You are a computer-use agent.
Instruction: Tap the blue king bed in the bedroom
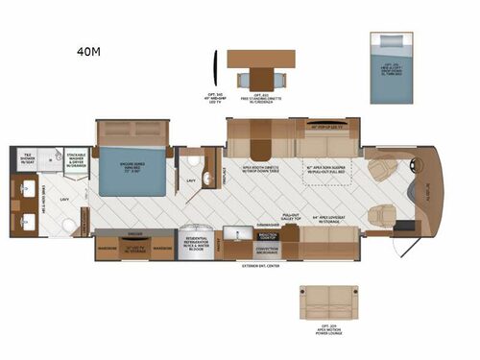click(x=134, y=169)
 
